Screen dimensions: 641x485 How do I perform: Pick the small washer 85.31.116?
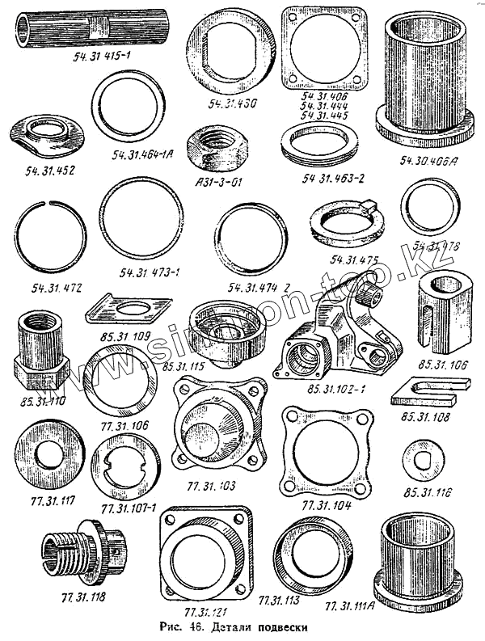(x=421, y=458)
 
